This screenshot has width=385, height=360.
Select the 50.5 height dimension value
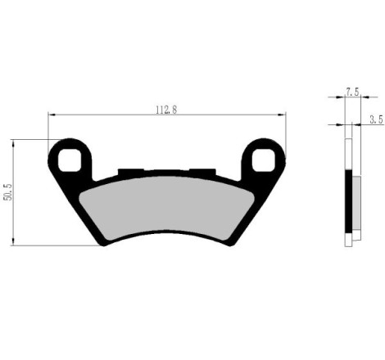coord(8,192)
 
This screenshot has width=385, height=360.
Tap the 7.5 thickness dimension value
coord(352,92)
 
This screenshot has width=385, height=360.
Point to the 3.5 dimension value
coord(376,119)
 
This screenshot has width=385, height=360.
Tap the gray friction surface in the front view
coord(168,205)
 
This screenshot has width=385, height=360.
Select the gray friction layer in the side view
coord(357,205)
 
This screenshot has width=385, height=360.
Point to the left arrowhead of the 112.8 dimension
coord(51,115)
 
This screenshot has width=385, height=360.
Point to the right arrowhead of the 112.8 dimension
coord(283,115)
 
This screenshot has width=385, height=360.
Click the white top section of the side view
coord(350,155)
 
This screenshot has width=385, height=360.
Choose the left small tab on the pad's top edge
coord(128,172)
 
